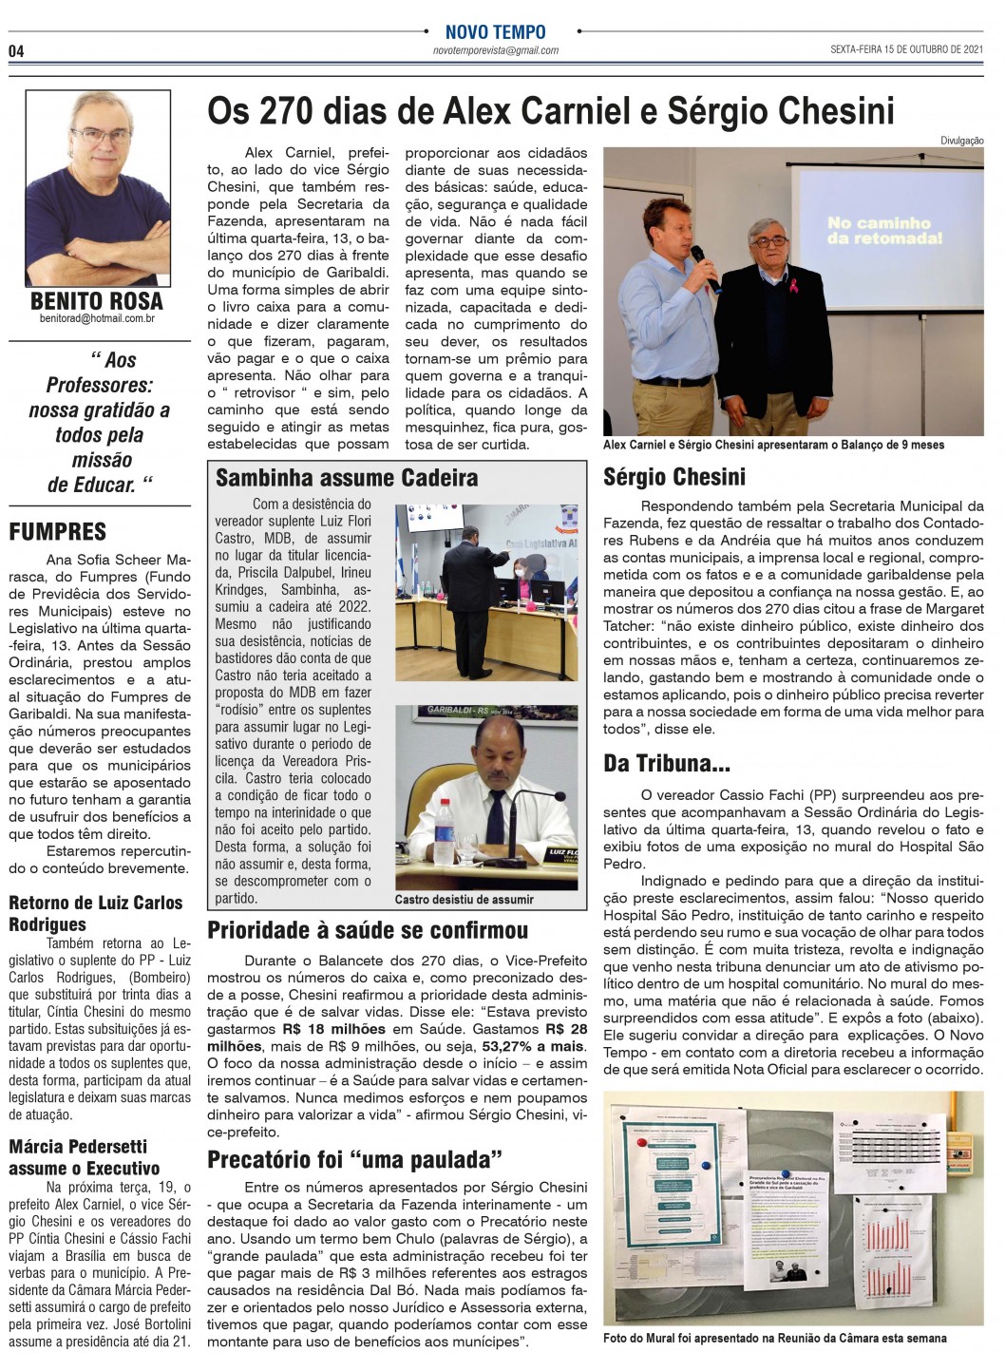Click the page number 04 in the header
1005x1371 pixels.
[17, 50]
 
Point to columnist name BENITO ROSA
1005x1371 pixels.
[97, 302]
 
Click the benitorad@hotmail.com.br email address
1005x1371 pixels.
[97, 321]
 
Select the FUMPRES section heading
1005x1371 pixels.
[57, 532]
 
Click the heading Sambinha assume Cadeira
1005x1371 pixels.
[347, 478]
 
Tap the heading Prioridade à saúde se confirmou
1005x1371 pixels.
[368, 931]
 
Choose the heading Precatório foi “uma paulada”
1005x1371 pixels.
[354, 1158]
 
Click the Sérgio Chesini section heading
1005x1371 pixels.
[674, 476]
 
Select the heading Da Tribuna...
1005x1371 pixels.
[667, 763]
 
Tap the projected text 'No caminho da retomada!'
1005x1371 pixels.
[884, 231]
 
